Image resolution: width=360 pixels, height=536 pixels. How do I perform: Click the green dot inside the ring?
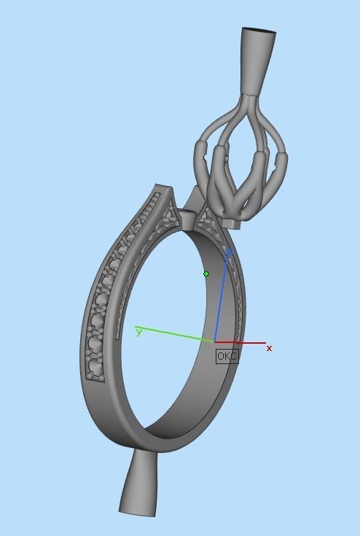coord(206,274)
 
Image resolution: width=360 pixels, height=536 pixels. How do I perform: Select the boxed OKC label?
coord(227,356)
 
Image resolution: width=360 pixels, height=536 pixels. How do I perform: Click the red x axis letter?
coord(269,349)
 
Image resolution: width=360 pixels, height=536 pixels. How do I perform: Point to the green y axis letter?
coord(138,331)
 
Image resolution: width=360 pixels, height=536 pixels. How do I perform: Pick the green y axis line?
coord(175,335)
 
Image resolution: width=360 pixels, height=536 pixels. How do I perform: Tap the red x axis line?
coord(240,342)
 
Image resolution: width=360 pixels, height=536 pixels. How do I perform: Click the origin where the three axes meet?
coord(215,342)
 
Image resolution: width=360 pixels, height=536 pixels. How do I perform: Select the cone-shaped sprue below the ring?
coord(140,484)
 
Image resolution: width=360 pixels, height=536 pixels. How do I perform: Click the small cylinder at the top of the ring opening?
coord(187,217)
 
